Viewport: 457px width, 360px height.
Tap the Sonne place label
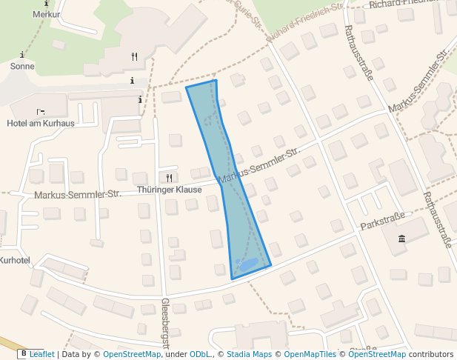point(22,66)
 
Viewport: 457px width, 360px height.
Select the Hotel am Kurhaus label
point(41,123)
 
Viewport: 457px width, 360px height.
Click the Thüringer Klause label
point(169,190)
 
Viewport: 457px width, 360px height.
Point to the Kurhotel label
point(15,260)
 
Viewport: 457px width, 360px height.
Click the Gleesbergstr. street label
point(166,323)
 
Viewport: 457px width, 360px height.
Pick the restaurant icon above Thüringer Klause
point(169,178)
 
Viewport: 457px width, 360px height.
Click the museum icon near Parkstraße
point(401,238)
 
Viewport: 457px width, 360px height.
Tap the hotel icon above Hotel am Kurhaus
point(41,112)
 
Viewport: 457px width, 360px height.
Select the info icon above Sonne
point(22,55)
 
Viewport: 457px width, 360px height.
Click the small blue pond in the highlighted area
point(247,264)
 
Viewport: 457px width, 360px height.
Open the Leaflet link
point(42,354)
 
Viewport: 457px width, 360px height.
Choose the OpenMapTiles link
point(310,354)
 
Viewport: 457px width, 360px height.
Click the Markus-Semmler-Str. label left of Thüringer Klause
point(77,195)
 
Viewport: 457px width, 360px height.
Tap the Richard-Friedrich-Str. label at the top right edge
point(412,3)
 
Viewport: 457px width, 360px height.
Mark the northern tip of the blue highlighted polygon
point(216,80)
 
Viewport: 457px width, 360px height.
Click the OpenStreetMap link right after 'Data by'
point(132,354)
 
